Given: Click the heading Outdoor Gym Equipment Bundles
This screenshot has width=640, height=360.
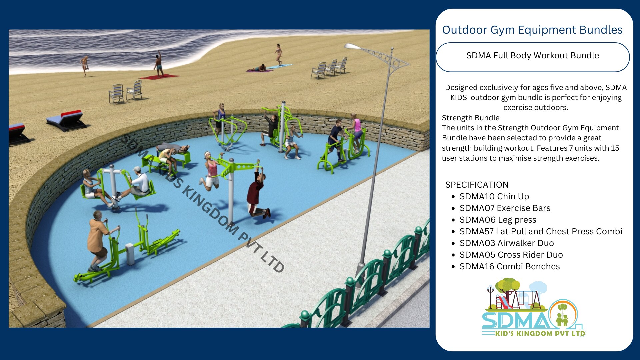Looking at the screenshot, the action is pos(532,30).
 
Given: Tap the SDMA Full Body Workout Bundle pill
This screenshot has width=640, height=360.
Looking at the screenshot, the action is pos(533,57).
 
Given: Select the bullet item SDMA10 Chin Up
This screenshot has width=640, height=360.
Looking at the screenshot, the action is pos(494,196).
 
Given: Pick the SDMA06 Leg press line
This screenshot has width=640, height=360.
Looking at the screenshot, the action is pos(498,220).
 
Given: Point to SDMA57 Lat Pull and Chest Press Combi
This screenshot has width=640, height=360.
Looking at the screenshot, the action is pos(541,231).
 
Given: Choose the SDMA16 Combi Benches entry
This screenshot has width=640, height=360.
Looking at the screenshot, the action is pos(509,266).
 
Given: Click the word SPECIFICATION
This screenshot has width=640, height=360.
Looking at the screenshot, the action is pos(477,185).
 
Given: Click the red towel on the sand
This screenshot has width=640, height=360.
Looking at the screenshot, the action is pos(159,77).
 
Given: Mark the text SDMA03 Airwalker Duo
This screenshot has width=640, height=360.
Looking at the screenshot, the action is pos(506,243).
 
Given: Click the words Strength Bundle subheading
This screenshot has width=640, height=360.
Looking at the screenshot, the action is pos(470,118).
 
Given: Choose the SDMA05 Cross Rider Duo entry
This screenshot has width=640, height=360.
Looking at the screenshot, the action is pos(511,255).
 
